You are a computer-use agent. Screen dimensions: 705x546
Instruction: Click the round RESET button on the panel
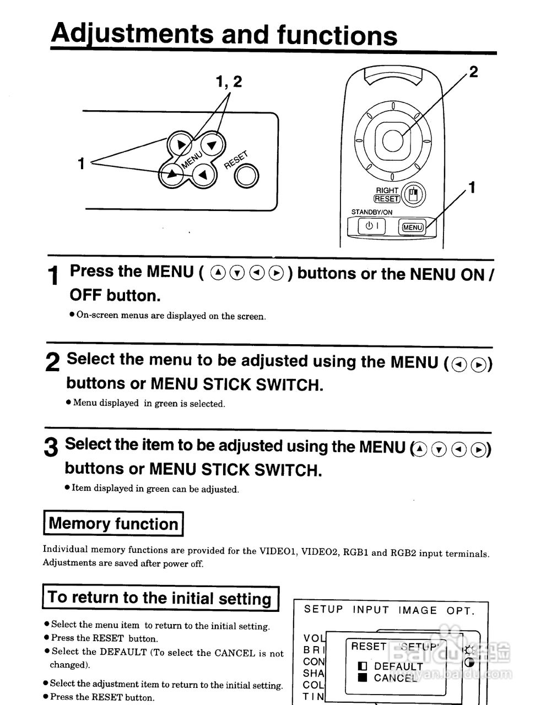click(x=246, y=176)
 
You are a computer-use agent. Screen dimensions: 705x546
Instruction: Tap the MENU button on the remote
click(x=413, y=227)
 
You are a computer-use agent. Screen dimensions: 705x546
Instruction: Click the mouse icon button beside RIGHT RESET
click(x=414, y=194)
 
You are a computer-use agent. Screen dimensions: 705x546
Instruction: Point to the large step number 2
click(x=52, y=362)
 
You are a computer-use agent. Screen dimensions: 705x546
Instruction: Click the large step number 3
click(x=51, y=447)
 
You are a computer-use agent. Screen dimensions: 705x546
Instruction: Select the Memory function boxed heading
click(x=113, y=523)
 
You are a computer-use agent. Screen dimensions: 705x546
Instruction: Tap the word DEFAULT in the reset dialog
click(x=398, y=666)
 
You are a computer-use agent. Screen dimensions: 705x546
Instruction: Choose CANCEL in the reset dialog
click(x=395, y=678)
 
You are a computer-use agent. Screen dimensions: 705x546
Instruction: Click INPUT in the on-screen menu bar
click(x=371, y=610)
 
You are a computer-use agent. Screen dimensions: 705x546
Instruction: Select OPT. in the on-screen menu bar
click(x=460, y=610)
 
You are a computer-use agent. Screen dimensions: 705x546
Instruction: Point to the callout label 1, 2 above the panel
click(x=229, y=82)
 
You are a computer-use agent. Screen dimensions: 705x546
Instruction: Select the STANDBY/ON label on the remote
click(x=372, y=212)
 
